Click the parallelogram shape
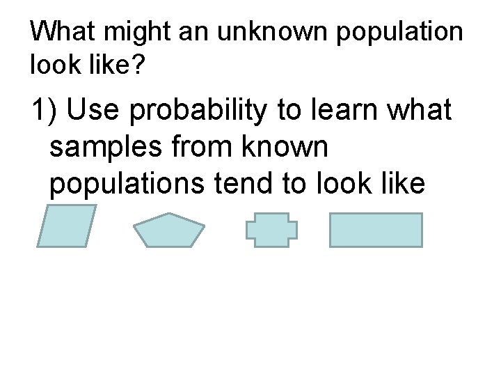[x=66, y=226]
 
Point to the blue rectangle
[x=376, y=230]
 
